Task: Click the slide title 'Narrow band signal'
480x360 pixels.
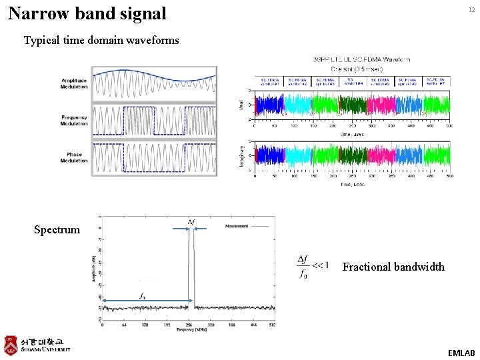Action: coord(87,13)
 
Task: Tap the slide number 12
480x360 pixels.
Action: coord(471,9)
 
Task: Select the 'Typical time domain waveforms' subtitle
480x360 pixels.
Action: coord(101,40)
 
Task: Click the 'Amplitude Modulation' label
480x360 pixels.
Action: coord(74,83)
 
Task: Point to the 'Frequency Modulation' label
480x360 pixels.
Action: coord(74,120)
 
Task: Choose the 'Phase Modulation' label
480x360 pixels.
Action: coord(74,157)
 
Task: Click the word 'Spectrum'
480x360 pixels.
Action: coord(57,230)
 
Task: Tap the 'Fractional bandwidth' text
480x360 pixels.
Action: coord(393,267)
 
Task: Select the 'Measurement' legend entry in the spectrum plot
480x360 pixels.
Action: coord(236,226)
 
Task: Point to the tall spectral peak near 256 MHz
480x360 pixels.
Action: coord(191,267)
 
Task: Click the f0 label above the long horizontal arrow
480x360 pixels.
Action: coord(142,295)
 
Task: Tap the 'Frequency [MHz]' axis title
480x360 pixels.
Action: coord(191,330)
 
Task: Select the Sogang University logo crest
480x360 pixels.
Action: coord(10,345)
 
